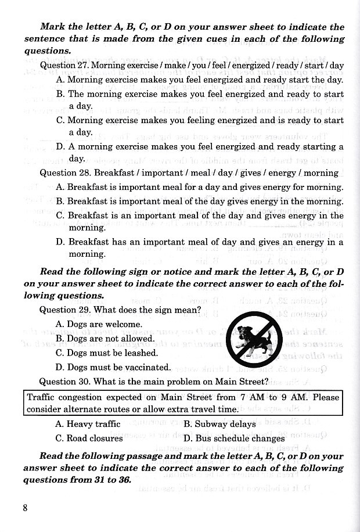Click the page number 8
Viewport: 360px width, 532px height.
pyautogui.click(x=26, y=508)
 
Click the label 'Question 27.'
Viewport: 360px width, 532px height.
pyautogui.click(x=64, y=66)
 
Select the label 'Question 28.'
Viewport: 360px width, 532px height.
pyautogui.click(x=64, y=172)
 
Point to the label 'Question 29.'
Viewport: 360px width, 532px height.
pyautogui.click(x=64, y=310)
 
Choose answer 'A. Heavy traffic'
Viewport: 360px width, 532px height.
pyautogui.click(x=88, y=424)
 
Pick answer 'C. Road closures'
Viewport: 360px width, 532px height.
pyautogui.click(x=89, y=438)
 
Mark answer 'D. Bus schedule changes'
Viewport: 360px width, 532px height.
pyautogui.click(x=234, y=438)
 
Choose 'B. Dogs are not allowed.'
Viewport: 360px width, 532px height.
pyautogui.click(x=105, y=339)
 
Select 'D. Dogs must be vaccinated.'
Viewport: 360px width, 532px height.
pyautogui.click(x=113, y=367)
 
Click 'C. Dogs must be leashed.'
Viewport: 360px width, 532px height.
pyautogui.click(x=107, y=353)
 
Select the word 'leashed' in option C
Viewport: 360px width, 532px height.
pyautogui.click(x=142, y=353)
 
